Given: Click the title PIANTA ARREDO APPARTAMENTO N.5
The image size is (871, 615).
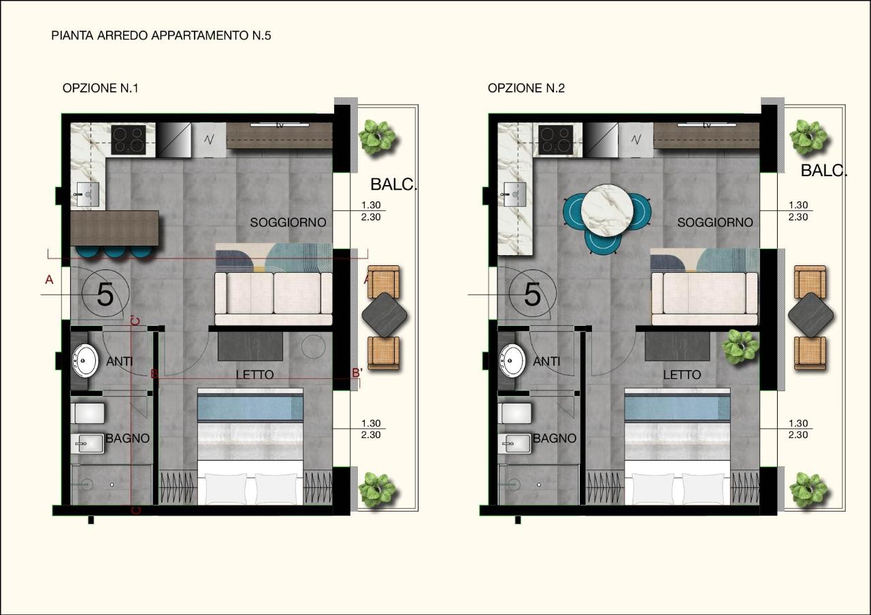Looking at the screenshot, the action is pyautogui.click(x=161, y=36).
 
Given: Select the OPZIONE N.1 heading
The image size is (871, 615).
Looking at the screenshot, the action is pyautogui.click(x=100, y=88).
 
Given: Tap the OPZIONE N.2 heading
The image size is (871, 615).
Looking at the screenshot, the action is pyautogui.click(x=526, y=88).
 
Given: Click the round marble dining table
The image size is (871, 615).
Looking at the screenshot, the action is pyautogui.click(x=607, y=210).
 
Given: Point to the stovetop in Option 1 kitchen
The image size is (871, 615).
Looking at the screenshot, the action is pyautogui.click(x=129, y=139).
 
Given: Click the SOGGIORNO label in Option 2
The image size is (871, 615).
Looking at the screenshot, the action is pyautogui.click(x=715, y=222).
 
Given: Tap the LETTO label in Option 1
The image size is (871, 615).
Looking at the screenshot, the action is pyautogui.click(x=254, y=375).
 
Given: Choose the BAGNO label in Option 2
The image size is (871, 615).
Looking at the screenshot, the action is pyautogui.click(x=555, y=439).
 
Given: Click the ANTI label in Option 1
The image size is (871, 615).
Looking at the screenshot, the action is pyautogui.click(x=120, y=361).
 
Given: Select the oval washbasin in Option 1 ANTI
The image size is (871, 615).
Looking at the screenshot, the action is pyautogui.click(x=85, y=361).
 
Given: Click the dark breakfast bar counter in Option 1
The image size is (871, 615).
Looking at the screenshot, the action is pyautogui.click(x=115, y=228).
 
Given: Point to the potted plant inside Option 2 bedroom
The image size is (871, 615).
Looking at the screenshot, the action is pyautogui.click(x=740, y=347).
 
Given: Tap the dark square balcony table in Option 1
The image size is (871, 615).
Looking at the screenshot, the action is pyautogui.click(x=384, y=315).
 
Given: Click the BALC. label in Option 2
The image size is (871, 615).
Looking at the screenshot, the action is pyautogui.click(x=824, y=171).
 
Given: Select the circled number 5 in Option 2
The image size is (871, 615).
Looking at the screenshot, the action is pyautogui.click(x=532, y=294).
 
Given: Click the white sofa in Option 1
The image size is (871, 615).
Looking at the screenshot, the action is pyautogui.click(x=274, y=299).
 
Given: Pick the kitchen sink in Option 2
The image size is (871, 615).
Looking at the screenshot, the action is pyautogui.click(x=515, y=195).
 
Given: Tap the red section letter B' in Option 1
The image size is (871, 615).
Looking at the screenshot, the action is pyautogui.click(x=357, y=373).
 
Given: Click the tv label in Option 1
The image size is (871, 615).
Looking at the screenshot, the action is pyautogui.click(x=280, y=126).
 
